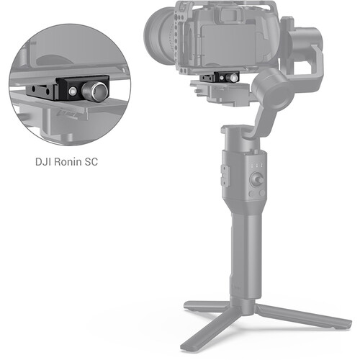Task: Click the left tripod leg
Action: point(202,306)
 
